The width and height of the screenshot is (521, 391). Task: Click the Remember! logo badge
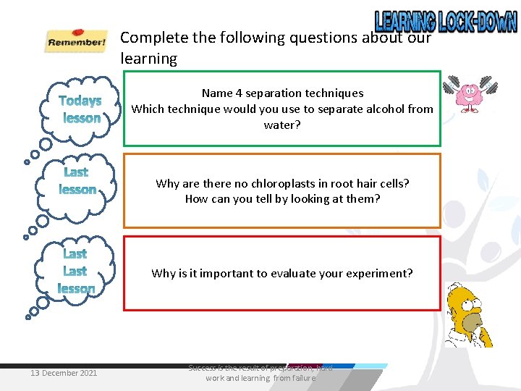76,41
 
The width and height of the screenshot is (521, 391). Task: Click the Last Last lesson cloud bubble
77,272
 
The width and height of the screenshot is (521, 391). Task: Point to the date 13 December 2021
64,373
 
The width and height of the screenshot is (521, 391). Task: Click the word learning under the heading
148,59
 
